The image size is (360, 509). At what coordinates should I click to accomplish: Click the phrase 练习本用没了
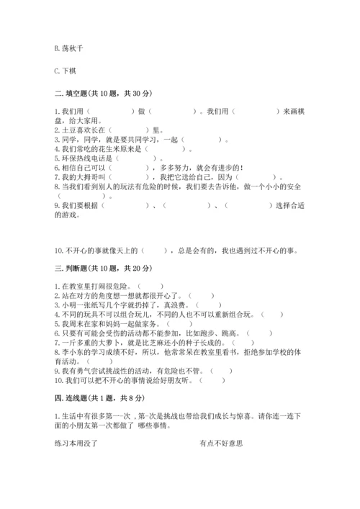click(76, 443)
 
